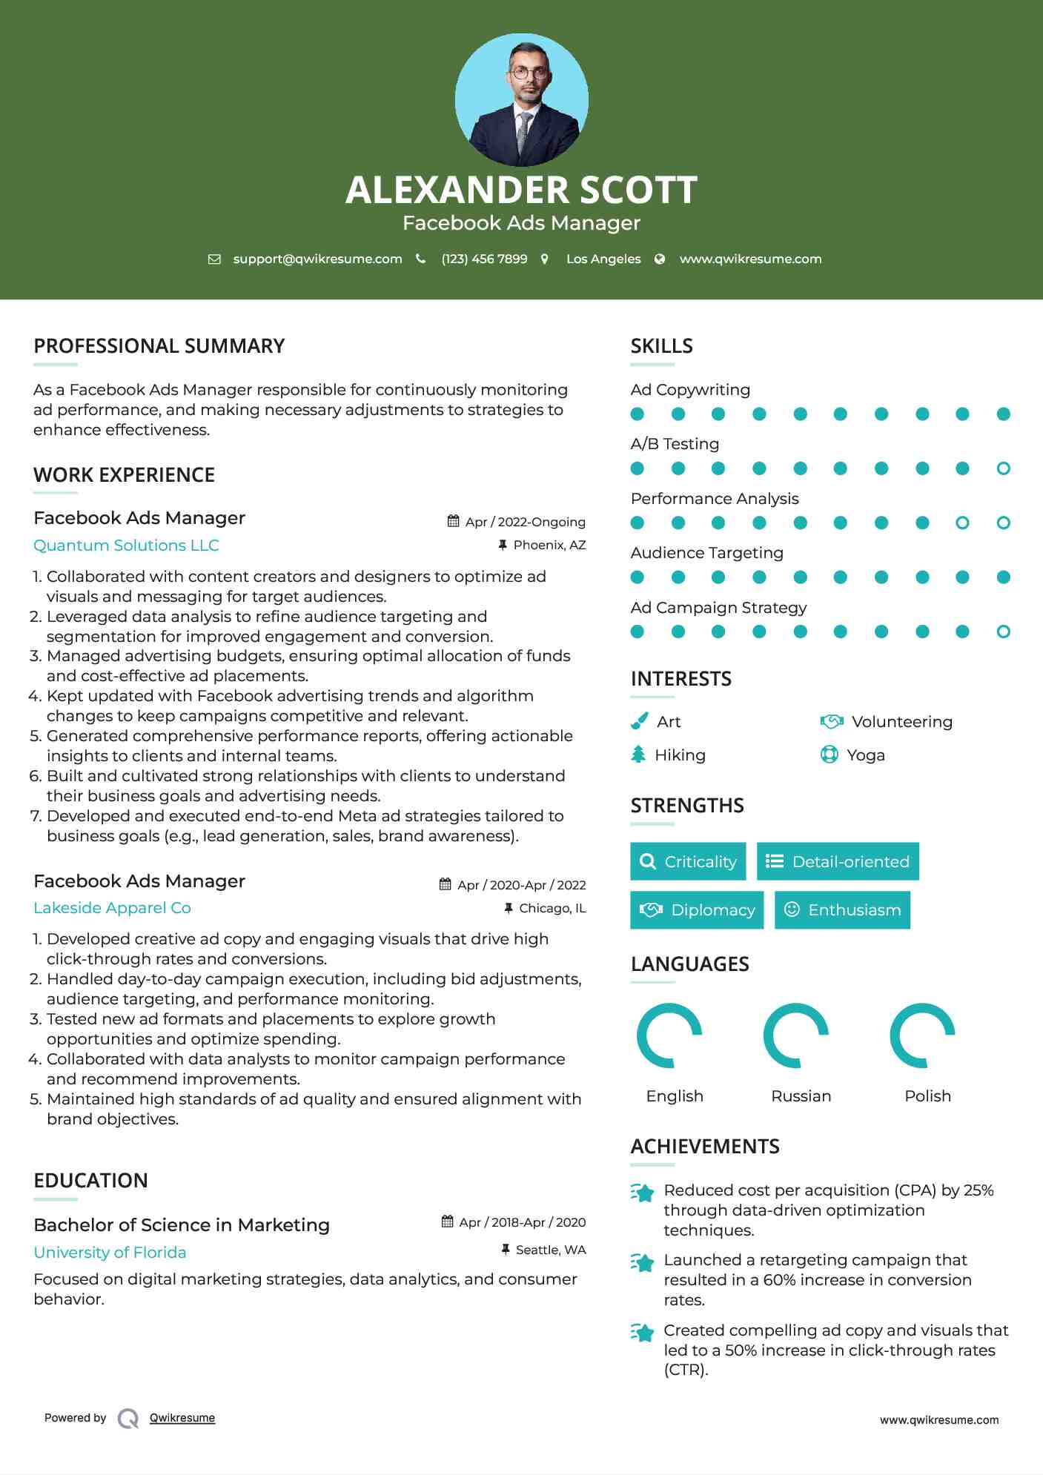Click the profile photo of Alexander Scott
click(x=521, y=99)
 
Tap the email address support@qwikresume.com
click(x=317, y=259)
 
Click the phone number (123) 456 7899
click(x=484, y=259)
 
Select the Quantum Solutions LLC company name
click(x=126, y=546)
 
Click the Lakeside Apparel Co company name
click(x=112, y=908)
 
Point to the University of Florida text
click(x=110, y=1253)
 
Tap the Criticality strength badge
click(x=688, y=861)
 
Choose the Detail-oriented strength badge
click(x=838, y=861)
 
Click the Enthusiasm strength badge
click(x=842, y=910)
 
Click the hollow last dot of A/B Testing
click(x=1003, y=468)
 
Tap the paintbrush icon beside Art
click(x=639, y=721)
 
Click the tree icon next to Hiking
click(x=638, y=755)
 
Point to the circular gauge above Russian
click(x=795, y=1035)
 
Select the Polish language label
click(x=927, y=1096)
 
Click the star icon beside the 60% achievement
click(x=643, y=1262)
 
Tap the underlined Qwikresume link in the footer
click(x=182, y=1418)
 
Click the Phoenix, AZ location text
click(x=549, y=546)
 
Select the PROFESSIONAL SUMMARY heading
click(x=159, y=346)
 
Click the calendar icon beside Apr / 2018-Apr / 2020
click(x=448, y=1222)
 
